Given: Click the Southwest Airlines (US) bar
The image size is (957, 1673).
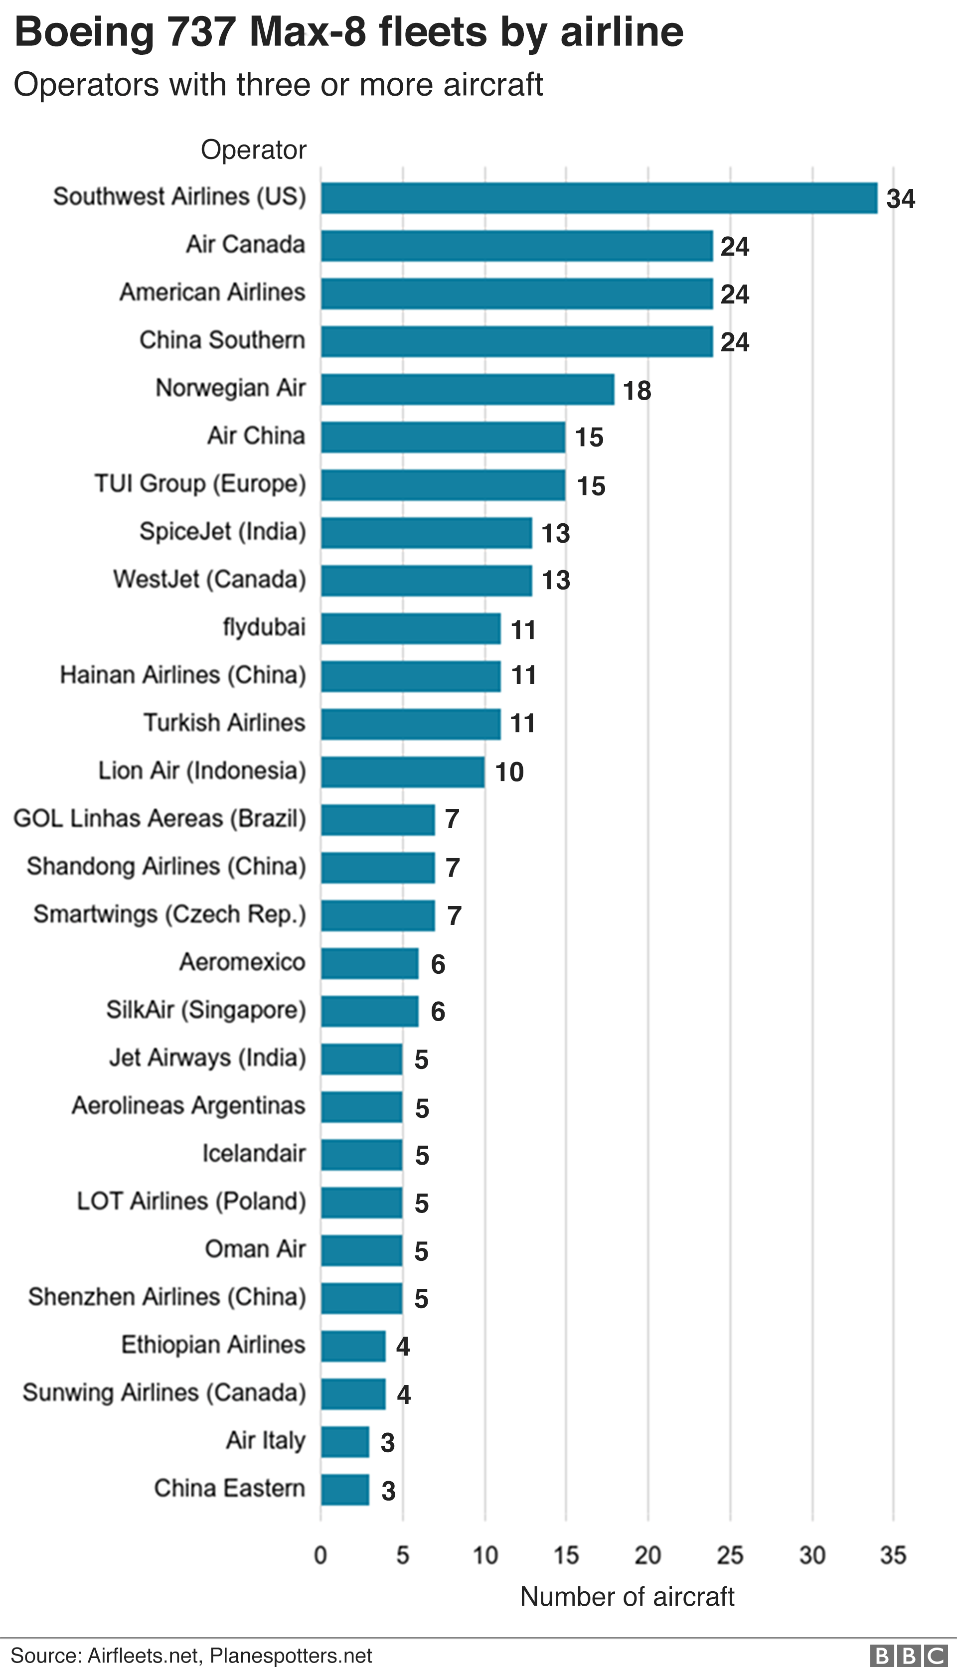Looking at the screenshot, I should (x=599, y=198).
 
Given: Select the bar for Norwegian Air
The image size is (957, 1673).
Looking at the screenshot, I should (x=468, y=389).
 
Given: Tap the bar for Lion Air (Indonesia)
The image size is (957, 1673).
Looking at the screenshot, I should (x=402, y=772).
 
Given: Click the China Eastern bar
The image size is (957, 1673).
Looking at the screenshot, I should (x=344, y=1490).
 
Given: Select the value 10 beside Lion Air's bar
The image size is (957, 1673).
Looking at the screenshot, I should (x=509, y=772).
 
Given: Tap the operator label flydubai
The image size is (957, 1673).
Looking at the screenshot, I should (x=264, y=627).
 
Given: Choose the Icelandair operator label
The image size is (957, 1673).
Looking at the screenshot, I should (x=254, y=1154).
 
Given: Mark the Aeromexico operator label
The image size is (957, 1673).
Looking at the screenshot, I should (x=243, y=962).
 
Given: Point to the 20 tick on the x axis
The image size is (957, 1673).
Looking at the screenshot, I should (x=647, y=1555).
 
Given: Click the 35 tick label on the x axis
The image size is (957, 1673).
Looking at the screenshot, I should (x=893, y=1555).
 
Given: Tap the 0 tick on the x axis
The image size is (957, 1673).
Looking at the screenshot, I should (x=321, y=1555).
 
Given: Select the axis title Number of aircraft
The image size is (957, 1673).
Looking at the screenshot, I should (x=627, y=1597).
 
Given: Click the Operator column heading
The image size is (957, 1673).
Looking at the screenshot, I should (x=254, y=150).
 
